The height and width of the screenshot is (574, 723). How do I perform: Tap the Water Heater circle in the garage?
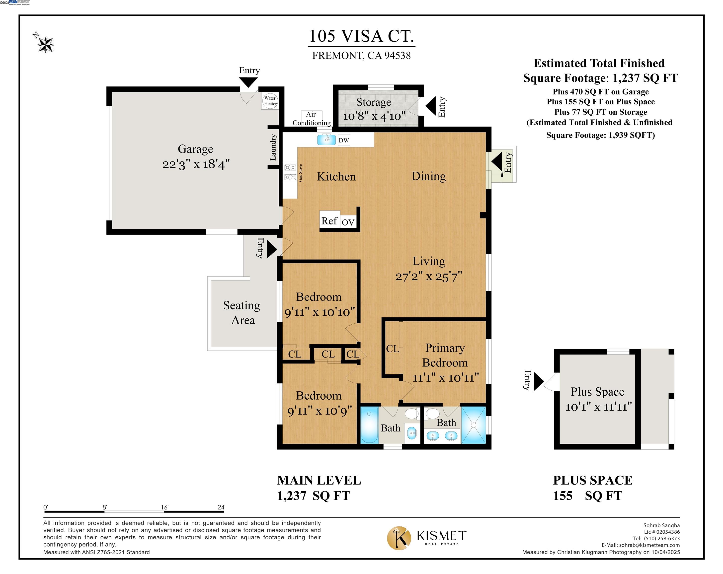pyautogui.click(x=270, y=101)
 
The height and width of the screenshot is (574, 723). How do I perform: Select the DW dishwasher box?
pyautogui.click(x=343, y=141)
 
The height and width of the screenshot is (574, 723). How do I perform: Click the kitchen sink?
pyautogui.click(x=326, y=139)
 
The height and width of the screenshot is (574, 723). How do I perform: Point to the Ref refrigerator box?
pyautogui.click(x=330, y=220)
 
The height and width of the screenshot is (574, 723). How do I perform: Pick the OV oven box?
pyautogui.click(x=348, y=222)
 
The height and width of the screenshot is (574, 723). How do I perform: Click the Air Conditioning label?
pyautogui.click(x=312, y=119)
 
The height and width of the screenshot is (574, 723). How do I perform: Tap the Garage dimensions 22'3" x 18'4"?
pyautogui.click(x=196, y=164)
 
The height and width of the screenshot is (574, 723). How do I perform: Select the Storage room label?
pyautogui.click(x=374, y=102)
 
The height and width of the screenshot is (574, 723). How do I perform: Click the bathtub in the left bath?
pyautogui.click(x=369, y=425)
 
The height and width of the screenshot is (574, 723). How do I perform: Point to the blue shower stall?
pyautogui.click(x=473, y=425)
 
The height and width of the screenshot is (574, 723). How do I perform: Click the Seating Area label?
pyautogui.click(x=242, y=312)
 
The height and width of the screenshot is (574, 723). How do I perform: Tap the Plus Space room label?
pyautogui.click(x=598, y=391)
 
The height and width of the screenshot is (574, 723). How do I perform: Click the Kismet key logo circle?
pyautogui.click(x=399, y=538)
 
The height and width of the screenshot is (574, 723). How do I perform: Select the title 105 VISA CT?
pyautogui.click(x=361, y=36)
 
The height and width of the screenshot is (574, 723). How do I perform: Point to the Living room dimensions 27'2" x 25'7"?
pyautogui.click(x=429, y=277)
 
